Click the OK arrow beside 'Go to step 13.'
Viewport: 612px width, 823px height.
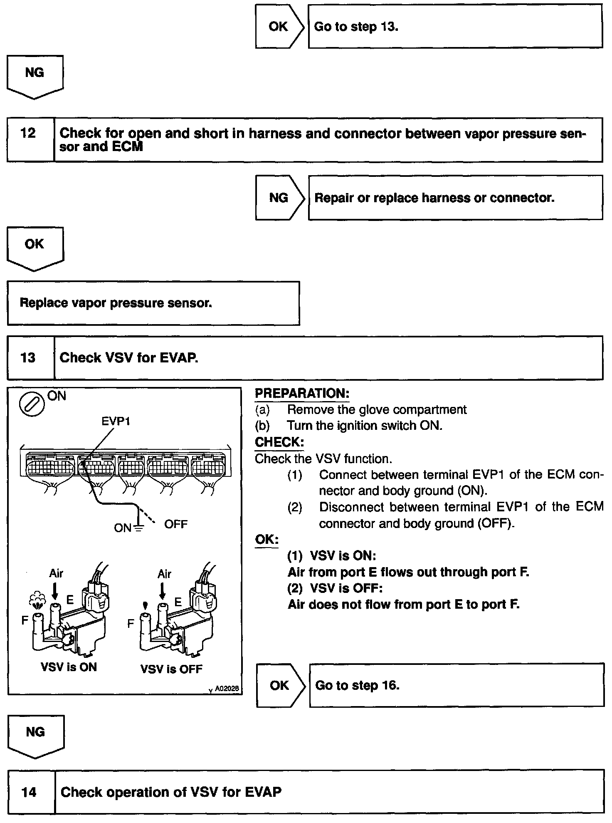click(x=279, y=27)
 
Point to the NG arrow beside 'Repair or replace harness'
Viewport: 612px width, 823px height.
click(x=279, y=198)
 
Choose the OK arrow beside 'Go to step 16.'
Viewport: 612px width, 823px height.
click(x=280, y=685)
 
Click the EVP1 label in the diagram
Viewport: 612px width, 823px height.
click(x=116, y=421)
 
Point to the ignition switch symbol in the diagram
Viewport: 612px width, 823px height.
click(x=32, y=404)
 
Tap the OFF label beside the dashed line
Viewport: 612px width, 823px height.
click(x=176, y=524)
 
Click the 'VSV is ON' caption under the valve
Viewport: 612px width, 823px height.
click(x=69, y=667)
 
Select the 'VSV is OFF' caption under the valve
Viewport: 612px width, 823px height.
click(x=171, y=669)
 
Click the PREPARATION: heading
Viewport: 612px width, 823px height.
click(x=302, y=393)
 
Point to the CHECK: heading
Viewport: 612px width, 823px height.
click(x=279, y=442)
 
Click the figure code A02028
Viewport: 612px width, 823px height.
click(x=227, y=689)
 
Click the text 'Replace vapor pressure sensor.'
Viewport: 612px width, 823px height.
click(x=116, y=303)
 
